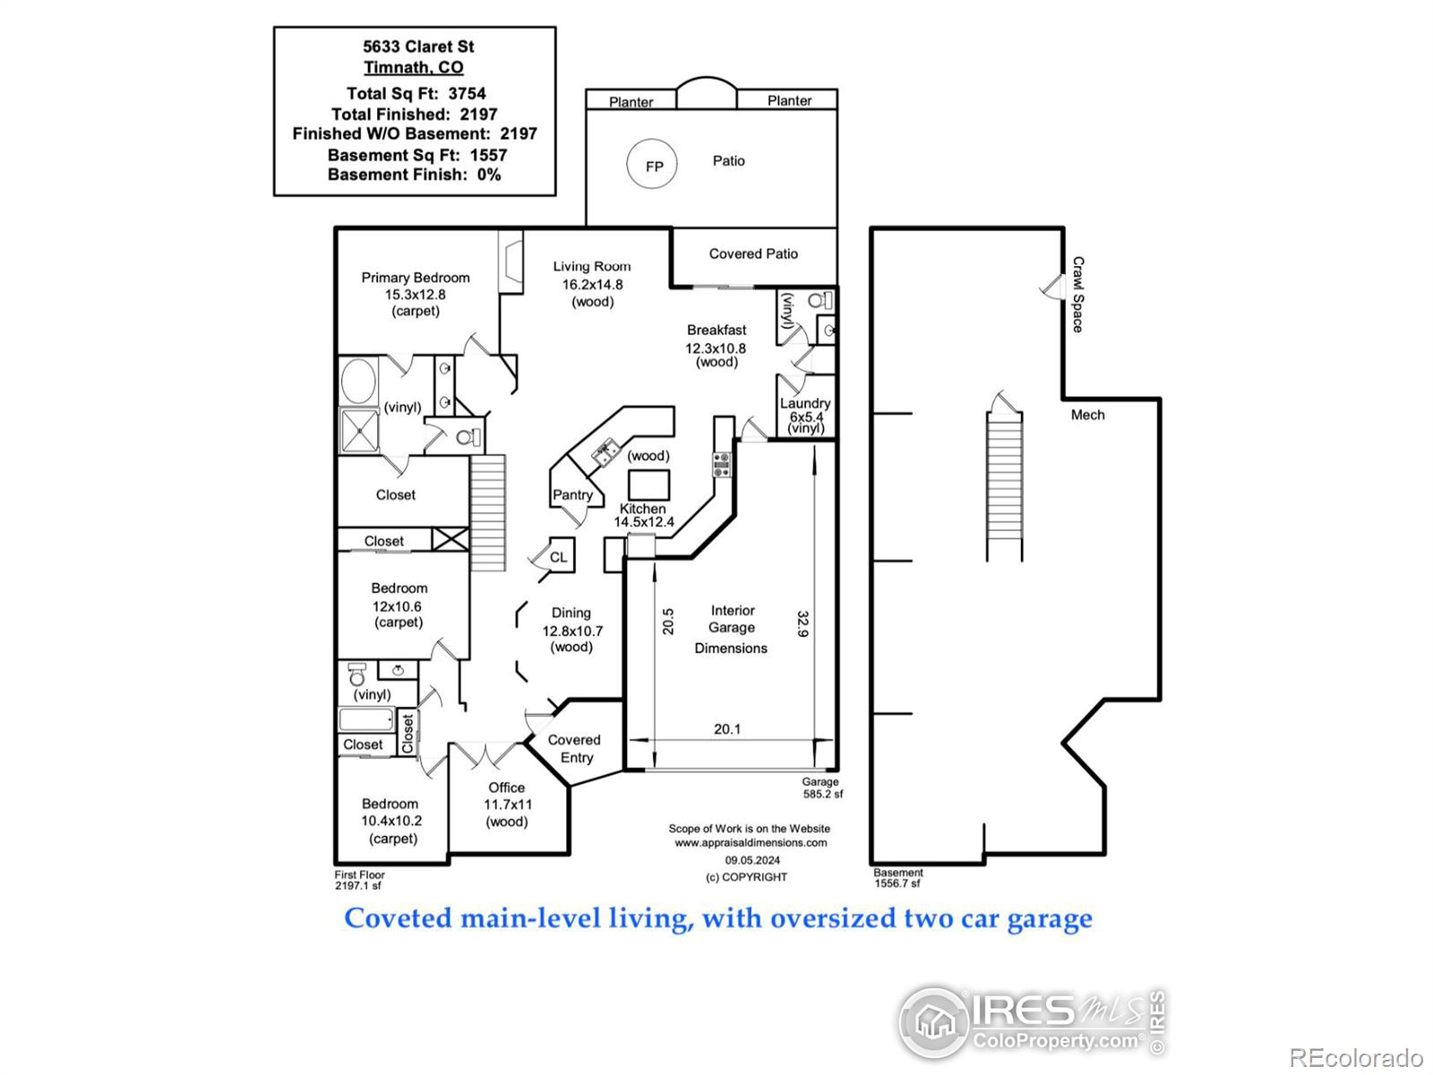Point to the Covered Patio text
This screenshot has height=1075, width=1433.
(x=753, y=254)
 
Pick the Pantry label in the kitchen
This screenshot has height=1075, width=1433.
(x=572, y=494)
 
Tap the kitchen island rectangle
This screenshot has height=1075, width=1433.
(x=648, y=485)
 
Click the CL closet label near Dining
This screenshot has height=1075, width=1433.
(x=558, y=556)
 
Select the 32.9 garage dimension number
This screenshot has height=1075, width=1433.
(x=803, y=624)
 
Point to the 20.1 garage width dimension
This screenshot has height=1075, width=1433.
(x=727, y=729)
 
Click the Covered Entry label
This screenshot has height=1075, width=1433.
(x=574, y=749)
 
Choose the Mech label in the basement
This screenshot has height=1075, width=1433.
(x=1087, y=415)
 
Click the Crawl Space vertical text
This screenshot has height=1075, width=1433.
(x=1077, y=295)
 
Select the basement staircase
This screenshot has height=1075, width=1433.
(x=1004, y=486)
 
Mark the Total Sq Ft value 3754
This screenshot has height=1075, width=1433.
(x=467, y=93)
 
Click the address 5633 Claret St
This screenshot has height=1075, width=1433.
(x=418, y=47)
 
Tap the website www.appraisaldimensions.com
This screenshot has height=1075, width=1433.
(x=751, y=843)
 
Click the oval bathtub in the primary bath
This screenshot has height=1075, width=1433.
(x=358, y=382)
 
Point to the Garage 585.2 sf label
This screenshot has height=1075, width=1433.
(x=822, y=787)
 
